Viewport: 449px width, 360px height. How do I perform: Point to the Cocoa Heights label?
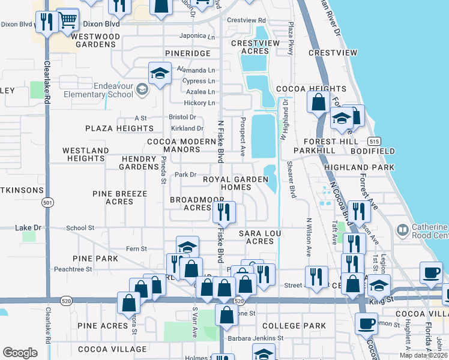[303, 88]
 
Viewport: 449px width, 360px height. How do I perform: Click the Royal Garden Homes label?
[226, 183]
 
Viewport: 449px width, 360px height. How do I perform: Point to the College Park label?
[294, 326]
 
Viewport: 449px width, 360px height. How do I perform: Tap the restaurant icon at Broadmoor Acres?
[224, 211]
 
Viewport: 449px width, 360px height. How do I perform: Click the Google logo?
[20, 353]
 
